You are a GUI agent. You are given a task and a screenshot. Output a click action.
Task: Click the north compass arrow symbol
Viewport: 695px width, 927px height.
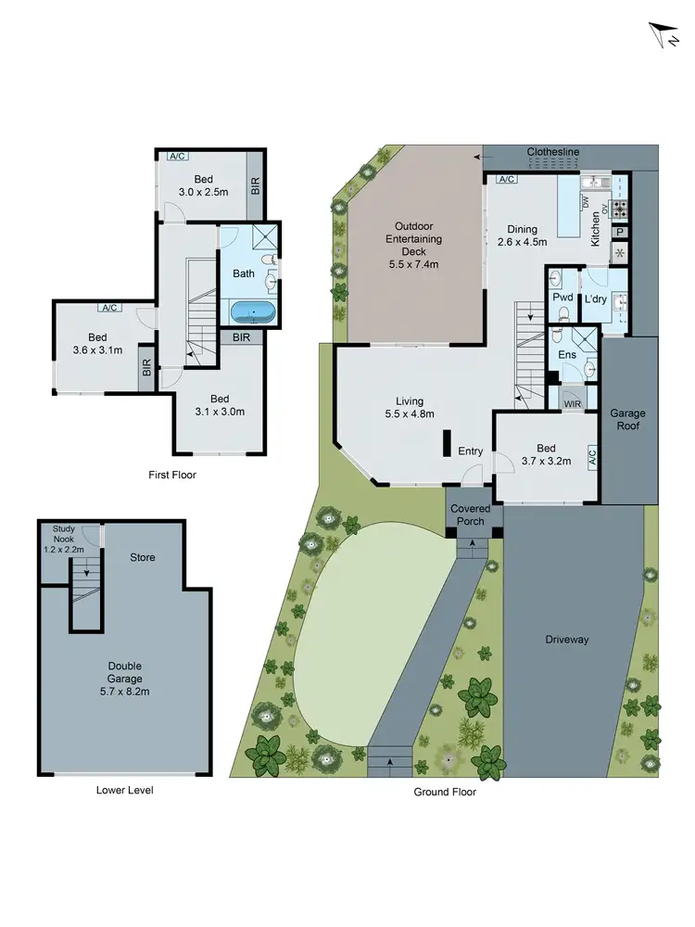click(x=660, y=36)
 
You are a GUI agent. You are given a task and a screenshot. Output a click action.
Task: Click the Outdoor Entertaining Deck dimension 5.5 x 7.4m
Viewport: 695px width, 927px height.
click(x=418, y=263)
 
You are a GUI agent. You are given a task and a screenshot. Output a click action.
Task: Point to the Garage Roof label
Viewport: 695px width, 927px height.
click(x=627, y=419)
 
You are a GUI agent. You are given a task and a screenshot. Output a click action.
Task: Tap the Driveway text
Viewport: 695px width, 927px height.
click(x=567, y=640)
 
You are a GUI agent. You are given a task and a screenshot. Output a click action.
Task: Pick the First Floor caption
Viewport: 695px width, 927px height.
click(x=172, y=475)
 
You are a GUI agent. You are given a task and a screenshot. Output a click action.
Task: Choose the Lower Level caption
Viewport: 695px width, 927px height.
click(x=124, y=790)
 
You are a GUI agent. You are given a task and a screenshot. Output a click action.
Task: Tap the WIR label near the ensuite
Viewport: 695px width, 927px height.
click(x=571, y=402)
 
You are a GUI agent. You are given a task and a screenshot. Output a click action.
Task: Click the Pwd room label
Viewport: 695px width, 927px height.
click(x=562, y=298)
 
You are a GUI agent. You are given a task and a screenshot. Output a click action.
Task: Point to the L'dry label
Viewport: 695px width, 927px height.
click(x=594, y=298)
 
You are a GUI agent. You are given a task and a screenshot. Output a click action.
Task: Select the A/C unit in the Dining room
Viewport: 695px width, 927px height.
click(x=506, y=179)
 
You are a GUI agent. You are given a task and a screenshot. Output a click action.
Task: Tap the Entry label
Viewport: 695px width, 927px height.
click(x=471, y=451)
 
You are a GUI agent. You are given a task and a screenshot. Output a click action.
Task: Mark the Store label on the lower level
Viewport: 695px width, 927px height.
click(x=142, y=557)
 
